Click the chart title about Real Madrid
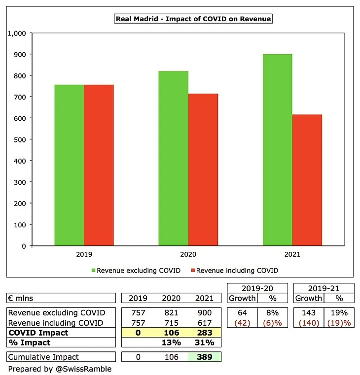(193, 19)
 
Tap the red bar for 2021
(307, 180)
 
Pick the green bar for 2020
(173, 158)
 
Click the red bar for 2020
(203, 170)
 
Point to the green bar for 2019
(69, 165)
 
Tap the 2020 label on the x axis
(188, 255)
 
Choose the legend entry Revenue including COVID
(236, 270)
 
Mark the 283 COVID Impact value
(204, 333)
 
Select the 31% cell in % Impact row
(204, 342)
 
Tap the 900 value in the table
(204, 313)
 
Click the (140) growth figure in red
(309, 323)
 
